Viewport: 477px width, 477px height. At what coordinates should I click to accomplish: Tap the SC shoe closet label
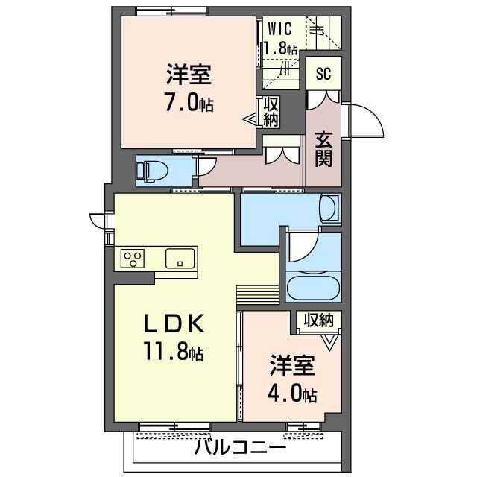pyautogui.click(x=323, y=74)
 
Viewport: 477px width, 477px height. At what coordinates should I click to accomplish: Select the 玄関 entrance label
pyautogui.click(x=323, y=149)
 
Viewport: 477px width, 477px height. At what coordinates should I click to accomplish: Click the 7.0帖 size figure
pyautogui.click(x=189, y=103)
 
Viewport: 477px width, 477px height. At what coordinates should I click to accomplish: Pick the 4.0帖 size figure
pyautogui.click(x=293, y=394)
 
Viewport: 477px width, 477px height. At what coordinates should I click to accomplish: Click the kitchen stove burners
pyautogui.click(x=134, y=259)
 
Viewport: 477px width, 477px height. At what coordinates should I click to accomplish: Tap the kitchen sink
pyautogui.click(x=180, y=259)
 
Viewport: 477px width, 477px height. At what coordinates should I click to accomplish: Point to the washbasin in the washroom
pyautogui.click(x=329, y=207)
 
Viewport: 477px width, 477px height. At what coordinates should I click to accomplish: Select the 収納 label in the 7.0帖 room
pyautogui.click(x=270, y=111)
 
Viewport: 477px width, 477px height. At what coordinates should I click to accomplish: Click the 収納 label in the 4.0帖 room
pyautogui.click(x=318, y=320)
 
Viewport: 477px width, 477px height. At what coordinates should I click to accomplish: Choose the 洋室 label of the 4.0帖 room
pyautogui.click(x=293, y=367)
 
